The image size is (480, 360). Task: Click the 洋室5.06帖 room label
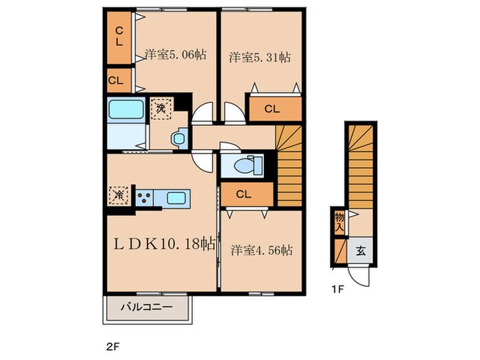tap(175, 55)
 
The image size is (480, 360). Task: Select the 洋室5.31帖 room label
tap(260, 57)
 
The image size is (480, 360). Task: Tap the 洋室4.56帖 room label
tap(261, 250)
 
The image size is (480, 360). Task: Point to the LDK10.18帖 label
tap(165, 244)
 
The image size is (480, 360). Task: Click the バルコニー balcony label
tap(146, 307)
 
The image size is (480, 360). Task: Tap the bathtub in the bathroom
tap(126, 110)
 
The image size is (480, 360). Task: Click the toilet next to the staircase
tap(248, 165)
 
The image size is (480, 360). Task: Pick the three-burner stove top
tap(144, 198)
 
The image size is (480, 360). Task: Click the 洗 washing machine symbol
tap(161, 108)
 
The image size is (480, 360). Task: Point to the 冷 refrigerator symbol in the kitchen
tap(119, 195)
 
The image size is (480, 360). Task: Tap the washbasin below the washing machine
tap(180, 139)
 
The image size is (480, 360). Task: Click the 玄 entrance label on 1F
tap(361, 251)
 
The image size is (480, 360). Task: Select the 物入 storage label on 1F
tap(339, 222)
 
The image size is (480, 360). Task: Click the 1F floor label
tap(338, 289)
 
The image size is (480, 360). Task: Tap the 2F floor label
tap(112, 347)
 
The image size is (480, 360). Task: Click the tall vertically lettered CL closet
tap(119, 37)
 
